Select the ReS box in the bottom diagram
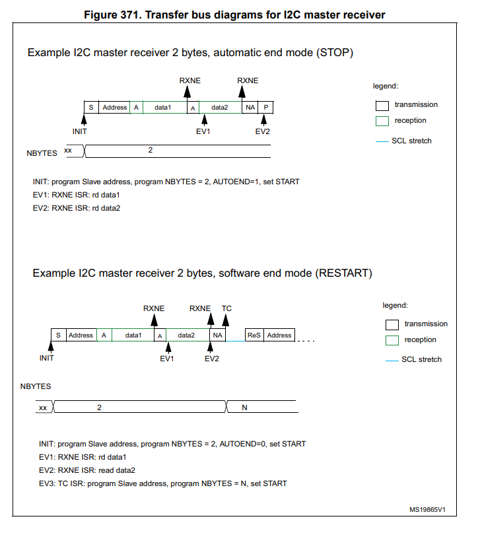coord(254,335)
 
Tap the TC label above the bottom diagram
coord(226,308)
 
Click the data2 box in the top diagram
coord(220,107)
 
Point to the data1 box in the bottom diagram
coord(133,335)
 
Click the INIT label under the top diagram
coord(80,131)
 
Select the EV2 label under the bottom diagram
coord(211,359)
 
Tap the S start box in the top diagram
coord(90,107)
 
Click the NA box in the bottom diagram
coord(217,335)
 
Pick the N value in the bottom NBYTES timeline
coord(244,408)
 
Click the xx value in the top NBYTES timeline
coord(68,151)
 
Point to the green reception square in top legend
coord(381,121)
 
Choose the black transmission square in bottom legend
coord(392,324)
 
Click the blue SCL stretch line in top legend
coord(381,141)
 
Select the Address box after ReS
coord(279,335)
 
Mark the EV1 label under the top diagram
coord(203,131)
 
